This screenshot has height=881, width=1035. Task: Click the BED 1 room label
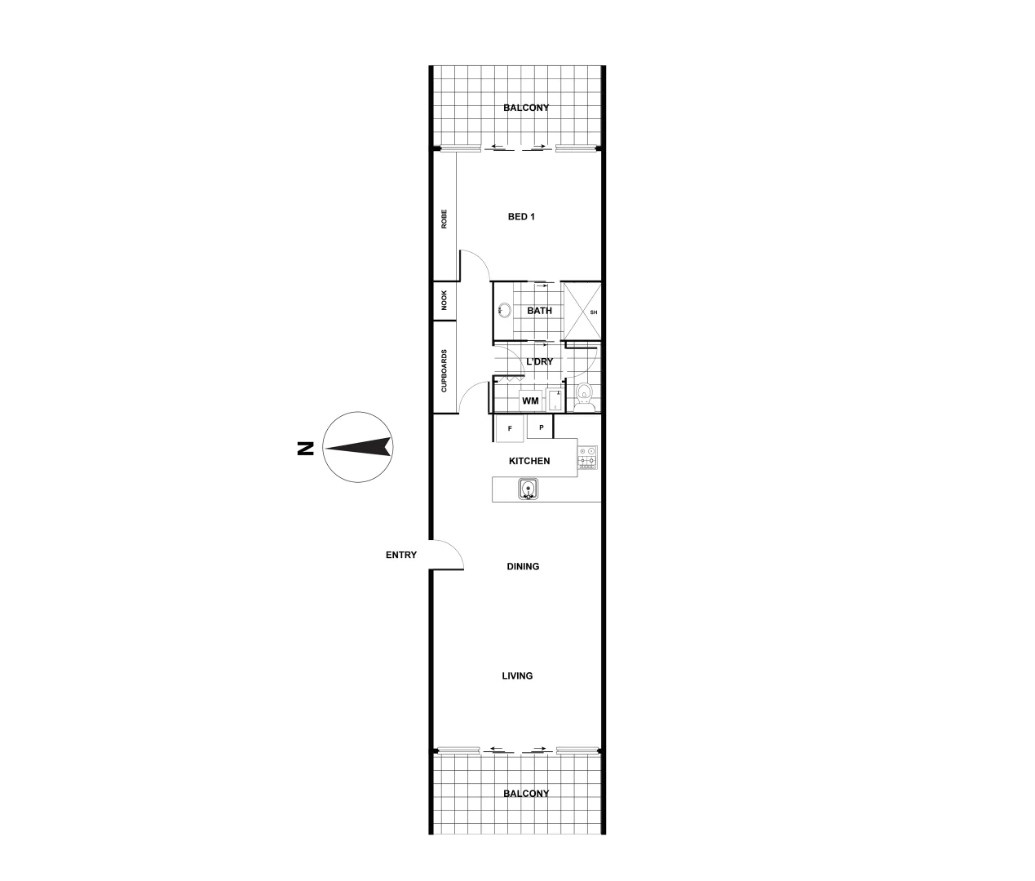[521, 217]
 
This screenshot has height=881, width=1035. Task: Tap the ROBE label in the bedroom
[445, 219]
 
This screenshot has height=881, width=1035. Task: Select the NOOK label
[445, 302]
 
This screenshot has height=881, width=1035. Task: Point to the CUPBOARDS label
[445, 371]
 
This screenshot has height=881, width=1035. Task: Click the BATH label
[539, 311]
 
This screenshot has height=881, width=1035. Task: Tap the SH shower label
[593, 312]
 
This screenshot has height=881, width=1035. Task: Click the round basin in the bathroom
[504, 310]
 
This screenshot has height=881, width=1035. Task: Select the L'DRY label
[539, 361]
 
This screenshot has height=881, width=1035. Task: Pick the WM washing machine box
[531, 401]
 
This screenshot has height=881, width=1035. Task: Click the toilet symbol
[583, 395]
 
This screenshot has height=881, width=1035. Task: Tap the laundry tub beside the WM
[555, 401]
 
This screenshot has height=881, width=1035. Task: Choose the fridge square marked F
[510, 427]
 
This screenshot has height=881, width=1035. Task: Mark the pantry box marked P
[540, 427]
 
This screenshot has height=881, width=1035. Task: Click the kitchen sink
[529, 489]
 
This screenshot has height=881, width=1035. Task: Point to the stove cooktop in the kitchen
[587, 457]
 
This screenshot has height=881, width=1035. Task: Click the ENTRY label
[401, 556]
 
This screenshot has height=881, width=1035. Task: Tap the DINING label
[523, 566]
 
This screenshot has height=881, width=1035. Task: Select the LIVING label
[518, 675]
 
